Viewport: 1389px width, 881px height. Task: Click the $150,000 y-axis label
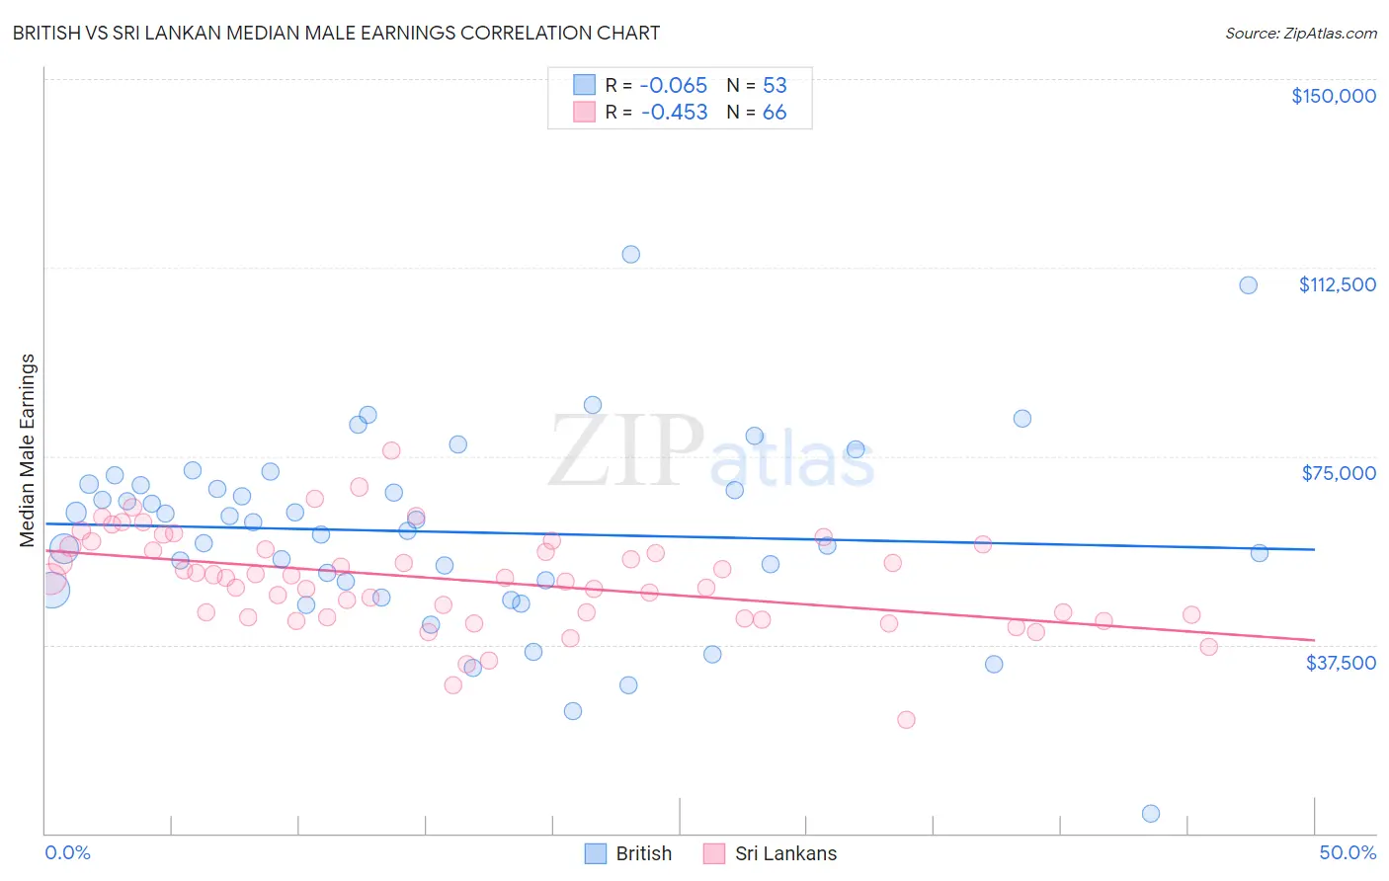(1333, 96)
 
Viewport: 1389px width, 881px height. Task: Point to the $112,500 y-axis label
(1337, 284)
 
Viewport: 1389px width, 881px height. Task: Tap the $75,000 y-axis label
(1338, 473)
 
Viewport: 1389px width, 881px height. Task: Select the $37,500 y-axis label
(1340, 663)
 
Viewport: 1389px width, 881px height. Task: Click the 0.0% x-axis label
(67, 852)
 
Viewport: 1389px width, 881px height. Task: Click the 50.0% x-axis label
(1347, 852)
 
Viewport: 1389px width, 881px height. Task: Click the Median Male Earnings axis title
(28, 450)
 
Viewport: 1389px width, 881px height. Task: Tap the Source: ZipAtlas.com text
(1300, 33)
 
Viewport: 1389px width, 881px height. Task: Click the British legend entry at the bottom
(629, 853)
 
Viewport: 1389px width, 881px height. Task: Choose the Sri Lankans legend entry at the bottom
(770, 853)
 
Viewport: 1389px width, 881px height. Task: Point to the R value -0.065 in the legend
(674, 85)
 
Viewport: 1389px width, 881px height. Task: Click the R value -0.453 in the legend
(674, 113)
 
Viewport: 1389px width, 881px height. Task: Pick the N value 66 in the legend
(775, 113)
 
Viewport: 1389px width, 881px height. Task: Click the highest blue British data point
(630, 254)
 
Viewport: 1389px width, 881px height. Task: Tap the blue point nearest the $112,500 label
(1248, 285)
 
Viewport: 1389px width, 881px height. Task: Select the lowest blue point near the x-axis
(1150, 814)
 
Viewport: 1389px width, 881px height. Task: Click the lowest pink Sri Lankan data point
(906, 720)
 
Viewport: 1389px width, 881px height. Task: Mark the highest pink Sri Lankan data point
(391, 450)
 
